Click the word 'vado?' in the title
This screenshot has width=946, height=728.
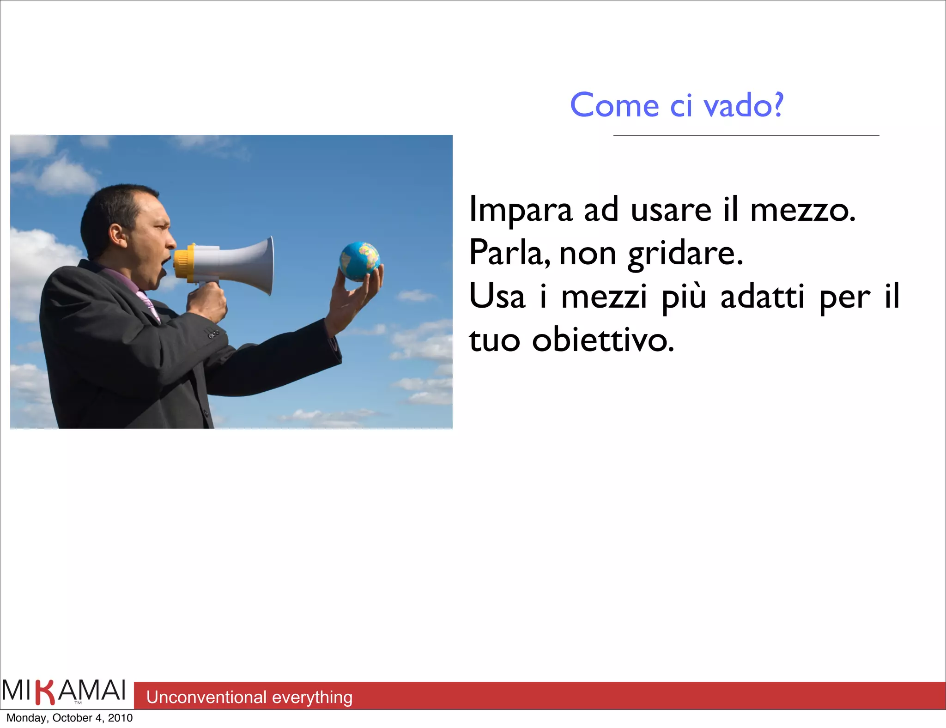(x=743, y=105)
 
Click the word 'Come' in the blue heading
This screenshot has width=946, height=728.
(x=614, y=105)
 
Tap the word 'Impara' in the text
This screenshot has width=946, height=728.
(x=521, y=210)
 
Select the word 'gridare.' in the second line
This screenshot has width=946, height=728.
(x=685, y=254)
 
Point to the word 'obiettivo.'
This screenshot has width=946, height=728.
(x=603, y=340)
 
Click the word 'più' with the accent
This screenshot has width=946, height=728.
(x=684, y=297)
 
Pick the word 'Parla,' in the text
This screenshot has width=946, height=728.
(x=509, y=254)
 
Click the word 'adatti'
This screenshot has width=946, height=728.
(x=762, y=297)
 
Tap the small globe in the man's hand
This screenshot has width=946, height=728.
(x=359, y=261)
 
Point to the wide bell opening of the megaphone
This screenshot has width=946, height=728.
(x=268, y=266)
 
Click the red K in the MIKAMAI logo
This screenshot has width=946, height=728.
(x=45, y=692)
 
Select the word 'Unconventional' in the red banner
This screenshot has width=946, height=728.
(x=206, y=697)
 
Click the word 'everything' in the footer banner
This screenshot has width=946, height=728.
(x=312, y=697)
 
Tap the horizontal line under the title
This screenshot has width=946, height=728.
(x=746, y=136)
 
